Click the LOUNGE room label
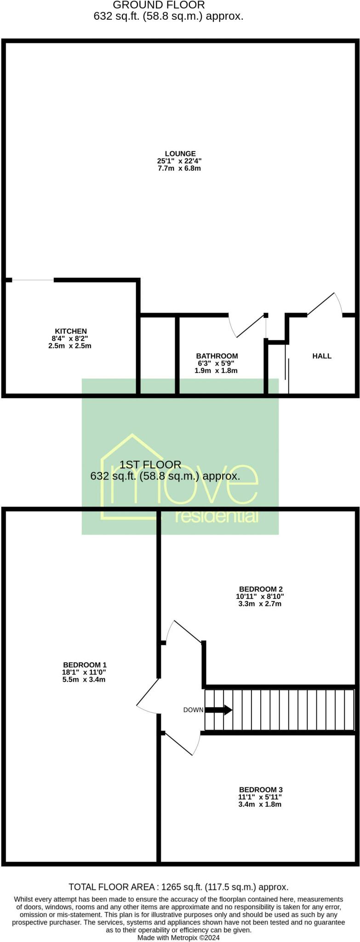coord(180,154)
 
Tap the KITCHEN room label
coord(71,331)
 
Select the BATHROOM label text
coord(217,356)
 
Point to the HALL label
coord(322,356)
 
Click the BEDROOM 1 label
coord(85,665)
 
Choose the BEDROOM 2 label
coord(260,589)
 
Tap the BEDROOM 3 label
coord(260,790)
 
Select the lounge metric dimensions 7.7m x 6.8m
coord(179,168)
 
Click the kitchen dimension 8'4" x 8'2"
coord(70,339)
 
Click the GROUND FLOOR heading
coord(159,6)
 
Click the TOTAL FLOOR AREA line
coord(178,887)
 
